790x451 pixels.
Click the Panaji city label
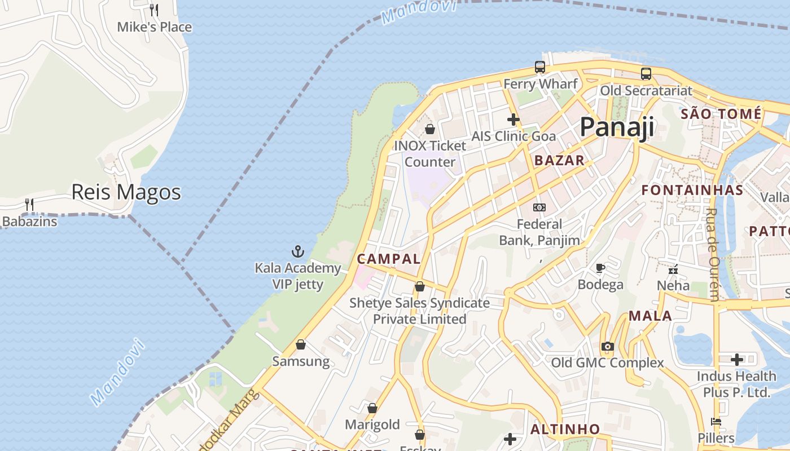(x=617, y=127)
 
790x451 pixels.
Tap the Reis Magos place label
(x=126, y=192)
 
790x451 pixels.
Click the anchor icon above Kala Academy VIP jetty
(x=297, y=251)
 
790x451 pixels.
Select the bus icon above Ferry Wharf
(x=540, y=67)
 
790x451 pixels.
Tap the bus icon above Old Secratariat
(x=646, y=74)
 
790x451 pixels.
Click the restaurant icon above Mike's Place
(x=153, y=10)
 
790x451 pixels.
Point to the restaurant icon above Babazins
(x=29, y=205)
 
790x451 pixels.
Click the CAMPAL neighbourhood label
(x=389, y=259)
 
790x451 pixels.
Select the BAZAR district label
(x=559, y=160)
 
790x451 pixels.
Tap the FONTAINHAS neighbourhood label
(x=692, y=190)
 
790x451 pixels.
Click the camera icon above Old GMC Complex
(x=607, y=346)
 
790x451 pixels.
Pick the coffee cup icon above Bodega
(x=600, y=268)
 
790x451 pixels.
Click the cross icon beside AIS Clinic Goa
(x=513, y=120)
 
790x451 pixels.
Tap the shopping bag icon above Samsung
(x=301, y=344)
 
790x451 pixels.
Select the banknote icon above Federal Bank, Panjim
(x=539, y=207)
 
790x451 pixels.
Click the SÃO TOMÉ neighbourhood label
(x=721, y=114)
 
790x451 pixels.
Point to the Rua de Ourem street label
(x=714, y=255)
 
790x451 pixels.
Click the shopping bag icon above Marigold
(x=372, y=408)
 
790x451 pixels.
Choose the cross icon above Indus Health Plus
(x=736, y=360)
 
